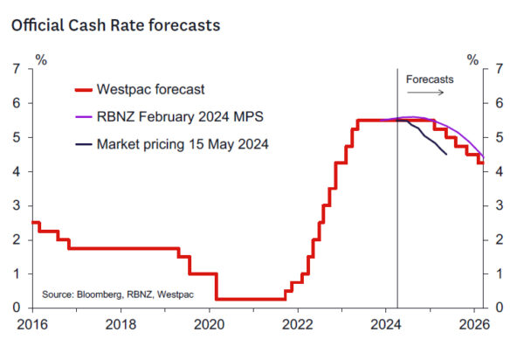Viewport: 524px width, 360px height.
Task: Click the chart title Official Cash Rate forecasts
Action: (x=115, y=25)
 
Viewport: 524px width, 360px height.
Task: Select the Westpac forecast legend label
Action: (x=151, y=88)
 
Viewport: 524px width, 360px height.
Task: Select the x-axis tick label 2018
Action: (x=121, y=325)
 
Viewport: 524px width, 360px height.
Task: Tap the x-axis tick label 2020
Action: (x=210, y=325)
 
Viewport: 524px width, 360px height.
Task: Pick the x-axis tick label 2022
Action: (x=298, y=325)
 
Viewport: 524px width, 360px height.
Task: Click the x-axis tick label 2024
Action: (x=387, y=325)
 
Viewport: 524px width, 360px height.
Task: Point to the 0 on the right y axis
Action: (x=498, y=308)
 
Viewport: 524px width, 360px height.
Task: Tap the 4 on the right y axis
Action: (x=498, y=171)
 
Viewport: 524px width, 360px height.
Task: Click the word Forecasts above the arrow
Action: (x=430, y=79)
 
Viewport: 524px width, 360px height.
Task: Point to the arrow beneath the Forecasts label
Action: (x=430, y=90)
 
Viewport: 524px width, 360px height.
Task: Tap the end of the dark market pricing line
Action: (x=447, y=154)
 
